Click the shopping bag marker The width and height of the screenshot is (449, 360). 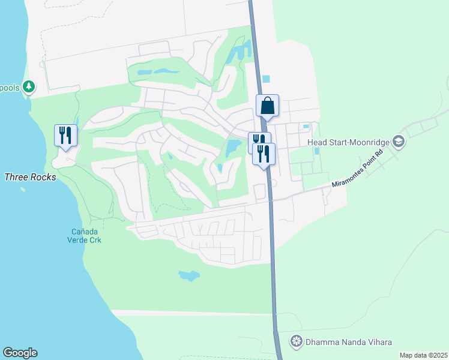tap(267, 106)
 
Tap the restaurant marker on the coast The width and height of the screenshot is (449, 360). tap(65, 136)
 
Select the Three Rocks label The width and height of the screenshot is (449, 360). tap(30, 177)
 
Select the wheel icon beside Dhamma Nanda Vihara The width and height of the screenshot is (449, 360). tap(296, 342)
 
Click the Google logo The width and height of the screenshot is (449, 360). tap(20, 353)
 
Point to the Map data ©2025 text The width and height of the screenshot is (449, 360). tap(423, 355)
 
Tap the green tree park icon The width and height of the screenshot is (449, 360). tap(28, 87)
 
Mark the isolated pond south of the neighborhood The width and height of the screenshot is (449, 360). tap(189, 276)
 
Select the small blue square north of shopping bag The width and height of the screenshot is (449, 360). tap(266, 79)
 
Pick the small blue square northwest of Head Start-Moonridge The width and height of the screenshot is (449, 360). tap(306, 126)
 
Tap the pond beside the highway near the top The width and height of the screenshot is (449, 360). tap(240, 51)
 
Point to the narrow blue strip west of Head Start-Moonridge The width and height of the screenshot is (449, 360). tap(316, 151)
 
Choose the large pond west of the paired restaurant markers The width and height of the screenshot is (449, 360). tap(231, 147)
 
